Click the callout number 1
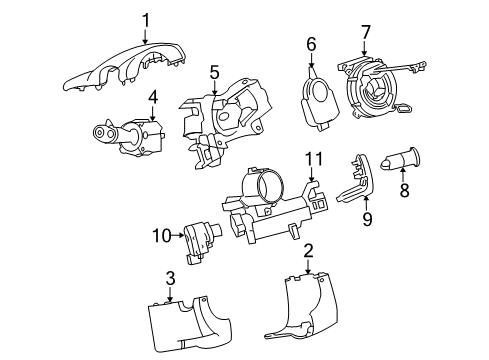pyautogui.click(x=145, y=19)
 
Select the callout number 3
pyautogui.click(x=171, y=278)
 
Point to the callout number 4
pyautogui.click(x=153, y=97)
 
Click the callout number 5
pyautogui.click(x=214, y=72)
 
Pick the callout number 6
pyautogui.click(x=311, y=43)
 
